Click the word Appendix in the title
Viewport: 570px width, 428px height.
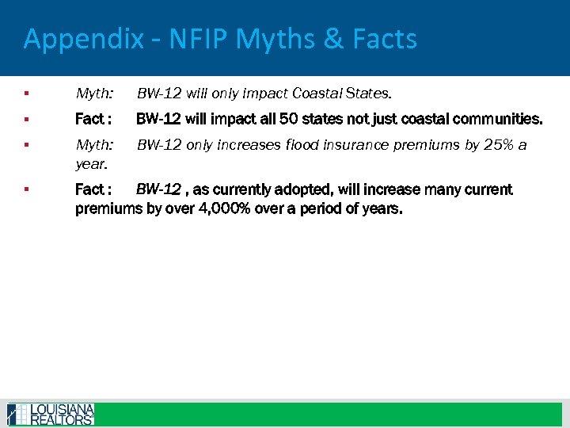83,39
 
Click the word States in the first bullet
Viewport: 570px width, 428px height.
366,94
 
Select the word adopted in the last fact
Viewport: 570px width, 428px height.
288,189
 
